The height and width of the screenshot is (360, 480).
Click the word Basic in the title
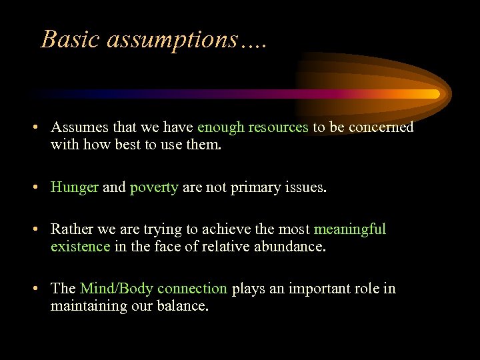(x=67, y=39)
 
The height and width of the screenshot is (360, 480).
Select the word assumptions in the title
(x=168, y=39)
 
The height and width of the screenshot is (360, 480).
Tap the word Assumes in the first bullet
(x=77, y=127)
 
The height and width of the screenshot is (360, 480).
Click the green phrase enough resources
(x=253, y=127)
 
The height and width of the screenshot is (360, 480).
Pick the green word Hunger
(x=75, y=187)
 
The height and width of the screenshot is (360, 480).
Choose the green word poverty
(x=154, y=187)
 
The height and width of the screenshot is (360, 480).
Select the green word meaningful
(x=350, y=229)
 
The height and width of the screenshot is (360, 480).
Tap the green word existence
(x=80, y=246)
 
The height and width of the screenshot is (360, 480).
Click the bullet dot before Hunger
(x=41, y=188)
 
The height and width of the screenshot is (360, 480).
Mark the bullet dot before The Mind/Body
(x=41, y=289)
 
